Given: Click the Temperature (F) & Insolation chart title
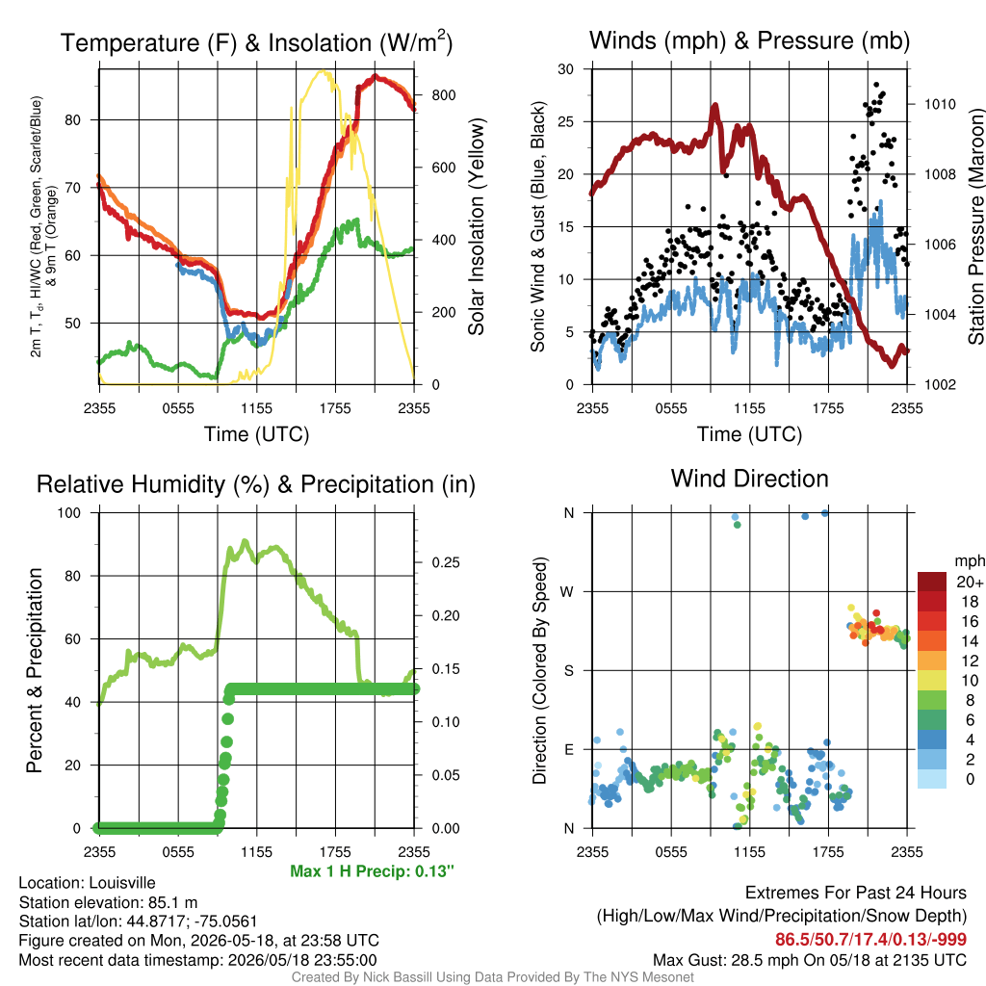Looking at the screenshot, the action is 256,42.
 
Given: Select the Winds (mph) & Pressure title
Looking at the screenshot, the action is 749,40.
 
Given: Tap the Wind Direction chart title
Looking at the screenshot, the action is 749,479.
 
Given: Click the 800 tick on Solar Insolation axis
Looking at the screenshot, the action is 444,95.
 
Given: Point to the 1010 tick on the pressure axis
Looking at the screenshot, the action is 940,104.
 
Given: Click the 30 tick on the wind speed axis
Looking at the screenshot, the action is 566,69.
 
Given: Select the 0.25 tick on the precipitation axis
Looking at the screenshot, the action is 446,562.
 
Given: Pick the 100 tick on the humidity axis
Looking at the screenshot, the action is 69,512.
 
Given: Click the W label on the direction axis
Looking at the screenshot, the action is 567,592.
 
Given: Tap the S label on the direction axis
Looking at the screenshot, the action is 568,670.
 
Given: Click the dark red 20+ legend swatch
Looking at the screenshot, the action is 932,582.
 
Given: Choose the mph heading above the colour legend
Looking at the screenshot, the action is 969,561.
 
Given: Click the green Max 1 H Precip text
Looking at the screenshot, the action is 372,870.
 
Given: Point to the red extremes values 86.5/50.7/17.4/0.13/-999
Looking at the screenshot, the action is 870,939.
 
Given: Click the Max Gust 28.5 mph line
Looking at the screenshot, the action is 809,960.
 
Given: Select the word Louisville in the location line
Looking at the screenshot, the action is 122,883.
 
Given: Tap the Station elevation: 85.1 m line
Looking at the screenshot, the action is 108,902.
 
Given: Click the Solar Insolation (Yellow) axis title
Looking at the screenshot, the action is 477,226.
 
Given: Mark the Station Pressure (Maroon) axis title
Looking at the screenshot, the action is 975,226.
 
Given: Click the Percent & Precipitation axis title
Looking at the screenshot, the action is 34,670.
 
